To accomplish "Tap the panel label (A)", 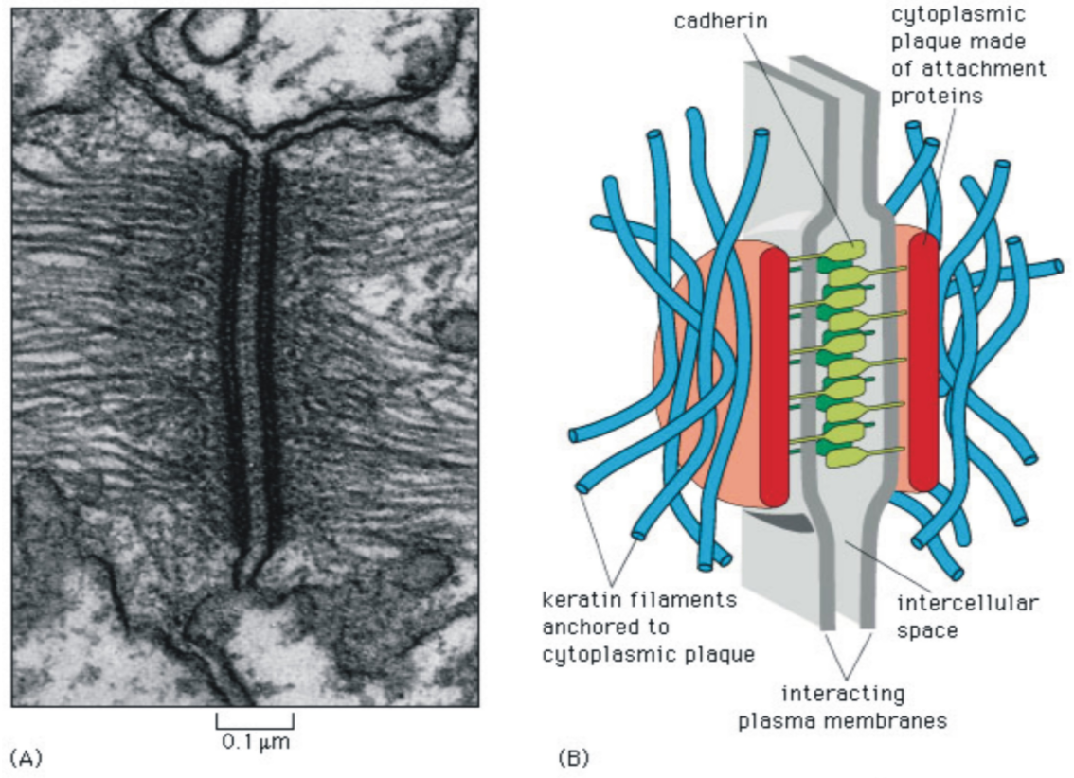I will coord(25,757).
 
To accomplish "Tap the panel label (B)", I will coord(573,757).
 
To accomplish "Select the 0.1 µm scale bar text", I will coord(255,741).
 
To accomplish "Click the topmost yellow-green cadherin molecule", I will coord(846,251).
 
